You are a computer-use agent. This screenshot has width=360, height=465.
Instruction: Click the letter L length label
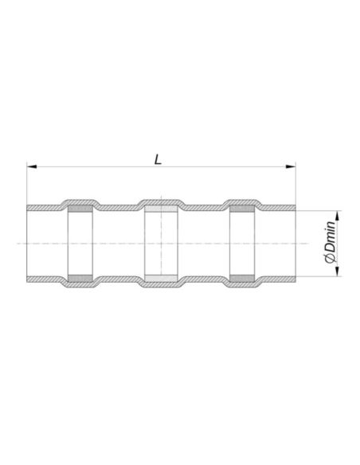pos(158,158)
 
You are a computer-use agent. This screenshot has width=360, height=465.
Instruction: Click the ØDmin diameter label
pos(327,243)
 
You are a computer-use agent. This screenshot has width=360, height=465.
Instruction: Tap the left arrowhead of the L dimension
pos(31,167)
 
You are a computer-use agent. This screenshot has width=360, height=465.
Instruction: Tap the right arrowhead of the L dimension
pos(292,167)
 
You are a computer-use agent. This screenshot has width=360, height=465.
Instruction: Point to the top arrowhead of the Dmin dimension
pos(338,214)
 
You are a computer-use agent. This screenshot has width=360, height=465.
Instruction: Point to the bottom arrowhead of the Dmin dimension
pos(338,272)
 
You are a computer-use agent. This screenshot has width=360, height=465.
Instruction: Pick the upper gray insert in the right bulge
pos(243,209)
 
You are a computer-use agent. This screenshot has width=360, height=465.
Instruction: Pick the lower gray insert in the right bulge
pos(243,278)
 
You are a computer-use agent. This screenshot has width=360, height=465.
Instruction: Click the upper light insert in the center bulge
pos(162,209)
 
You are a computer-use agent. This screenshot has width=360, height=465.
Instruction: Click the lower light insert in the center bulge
pos(162,278)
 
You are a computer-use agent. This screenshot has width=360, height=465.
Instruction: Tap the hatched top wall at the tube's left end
pos(40,207)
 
